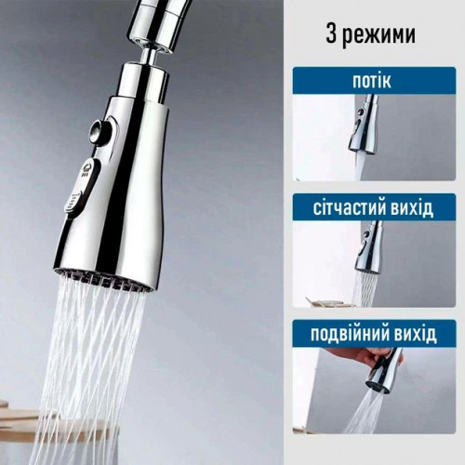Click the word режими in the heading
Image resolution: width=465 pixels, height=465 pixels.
(x=379, y=36)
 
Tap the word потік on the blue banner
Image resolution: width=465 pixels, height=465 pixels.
(x=372, y=81)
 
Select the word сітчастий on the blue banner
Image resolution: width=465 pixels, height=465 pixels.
(x=348, y=208)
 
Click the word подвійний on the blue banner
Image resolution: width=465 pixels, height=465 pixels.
(x=350, y=334)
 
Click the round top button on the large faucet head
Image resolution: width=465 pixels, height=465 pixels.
(x=98, y=131)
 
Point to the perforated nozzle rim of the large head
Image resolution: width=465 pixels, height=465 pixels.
(x=104, y=281)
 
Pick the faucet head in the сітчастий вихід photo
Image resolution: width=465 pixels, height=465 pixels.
(x=368, y=248)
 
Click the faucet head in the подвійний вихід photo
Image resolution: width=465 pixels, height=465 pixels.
(x=383, y=370)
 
